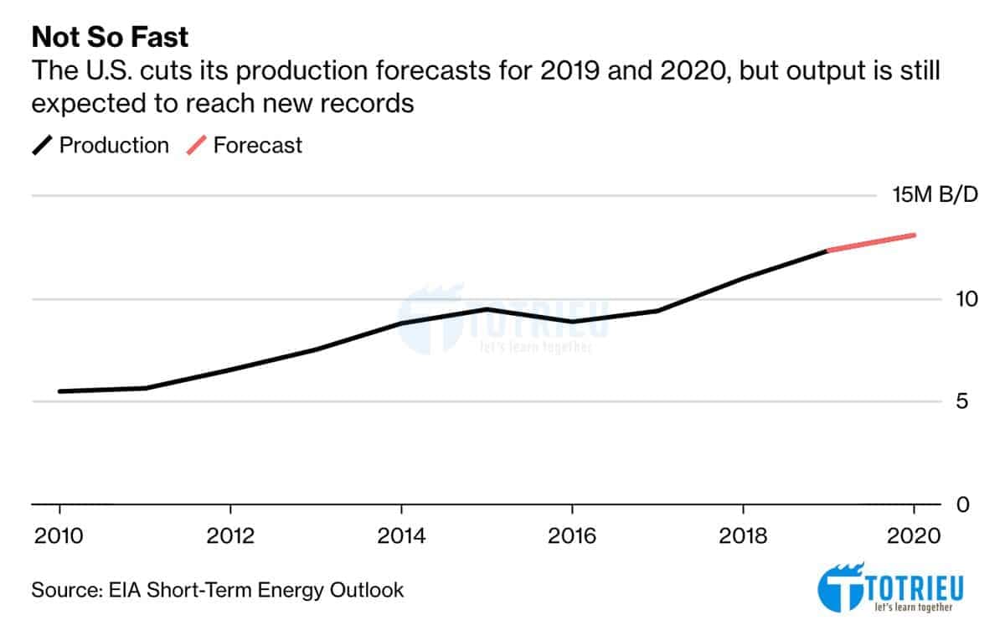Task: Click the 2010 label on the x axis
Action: (59, 535)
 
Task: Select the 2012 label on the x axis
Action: (230, 535)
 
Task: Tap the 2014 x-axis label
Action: (401, 535)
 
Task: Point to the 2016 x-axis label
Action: (572, 535)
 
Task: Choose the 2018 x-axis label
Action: (744, 535)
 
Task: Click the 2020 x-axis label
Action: (915, 535)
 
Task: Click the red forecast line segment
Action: (871, 242)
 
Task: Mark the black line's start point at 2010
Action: (60, 391)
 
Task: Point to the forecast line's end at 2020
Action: (914, 235)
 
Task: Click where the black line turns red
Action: (828, 250)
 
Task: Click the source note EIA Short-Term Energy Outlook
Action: (218, 590)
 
